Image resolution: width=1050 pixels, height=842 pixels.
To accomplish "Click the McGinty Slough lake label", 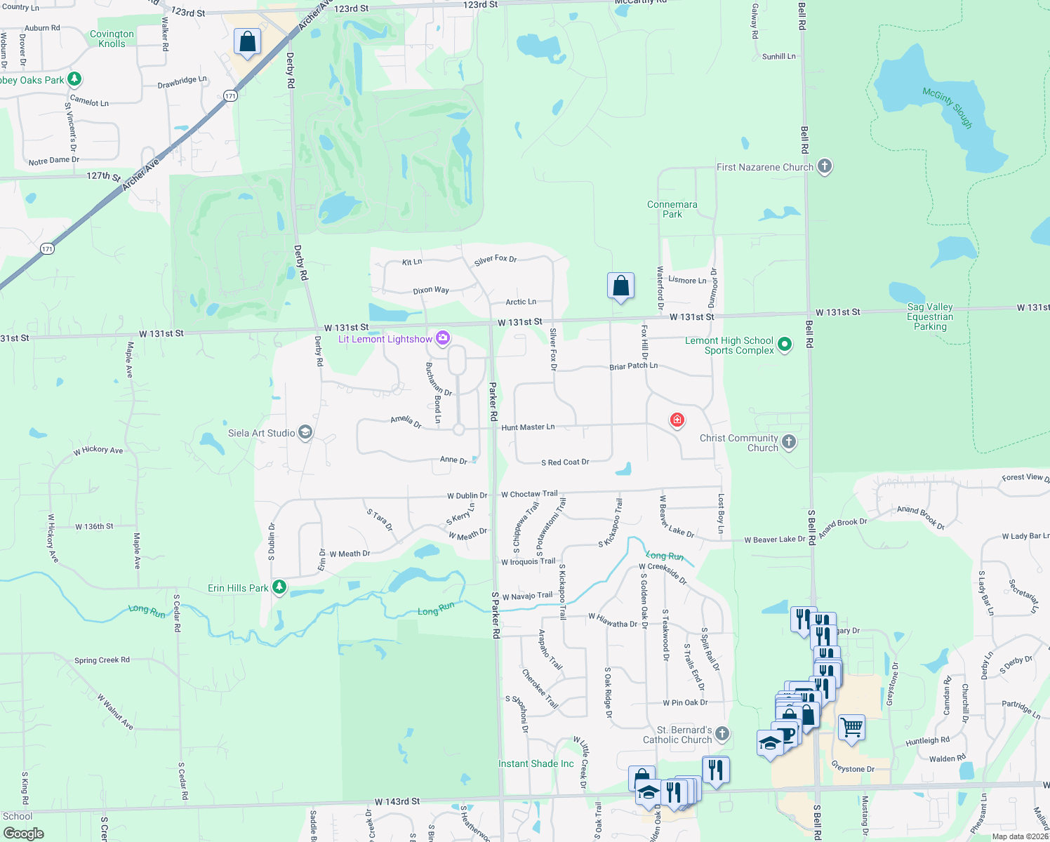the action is [x=948, y=107].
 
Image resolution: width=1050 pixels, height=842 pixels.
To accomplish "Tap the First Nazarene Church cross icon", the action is [x=825, y=166].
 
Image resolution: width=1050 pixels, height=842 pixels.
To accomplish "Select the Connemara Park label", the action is [x=672, y=209].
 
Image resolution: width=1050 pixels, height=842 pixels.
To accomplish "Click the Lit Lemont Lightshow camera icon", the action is [x=443, y=339].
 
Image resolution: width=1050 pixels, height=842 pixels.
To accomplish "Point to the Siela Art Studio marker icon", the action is [x=305, y=432].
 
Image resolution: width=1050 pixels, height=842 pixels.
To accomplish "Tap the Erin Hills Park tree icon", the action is [x=279, y=587].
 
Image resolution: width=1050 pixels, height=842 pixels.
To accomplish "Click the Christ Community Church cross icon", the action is [x=789, y=441].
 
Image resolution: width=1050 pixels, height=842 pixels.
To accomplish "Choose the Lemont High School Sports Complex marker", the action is [x=785, y=344].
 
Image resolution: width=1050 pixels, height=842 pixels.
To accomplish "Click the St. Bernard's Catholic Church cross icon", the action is [x=722, y=734].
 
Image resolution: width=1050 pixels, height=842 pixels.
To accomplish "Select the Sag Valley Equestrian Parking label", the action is [x=930, y=316].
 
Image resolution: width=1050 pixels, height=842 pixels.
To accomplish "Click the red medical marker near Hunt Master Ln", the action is [x=677, y=420].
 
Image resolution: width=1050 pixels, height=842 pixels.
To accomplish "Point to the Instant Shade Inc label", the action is [x=536, y=763].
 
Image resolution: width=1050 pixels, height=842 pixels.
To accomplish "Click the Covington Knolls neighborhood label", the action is [x=112, y=39].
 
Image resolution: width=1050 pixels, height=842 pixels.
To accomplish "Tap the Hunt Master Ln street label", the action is [x=528, y=427].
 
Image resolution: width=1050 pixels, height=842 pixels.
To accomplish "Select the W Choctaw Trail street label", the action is [x=529, y=494].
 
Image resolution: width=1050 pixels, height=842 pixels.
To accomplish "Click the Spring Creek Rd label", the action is [x=102, y=660].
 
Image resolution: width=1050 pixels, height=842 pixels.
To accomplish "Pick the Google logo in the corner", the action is [x=23, y=834].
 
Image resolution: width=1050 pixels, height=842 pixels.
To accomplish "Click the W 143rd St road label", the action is [x=397, y=801].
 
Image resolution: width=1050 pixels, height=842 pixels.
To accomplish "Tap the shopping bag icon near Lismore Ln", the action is [x=620, y=286].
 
